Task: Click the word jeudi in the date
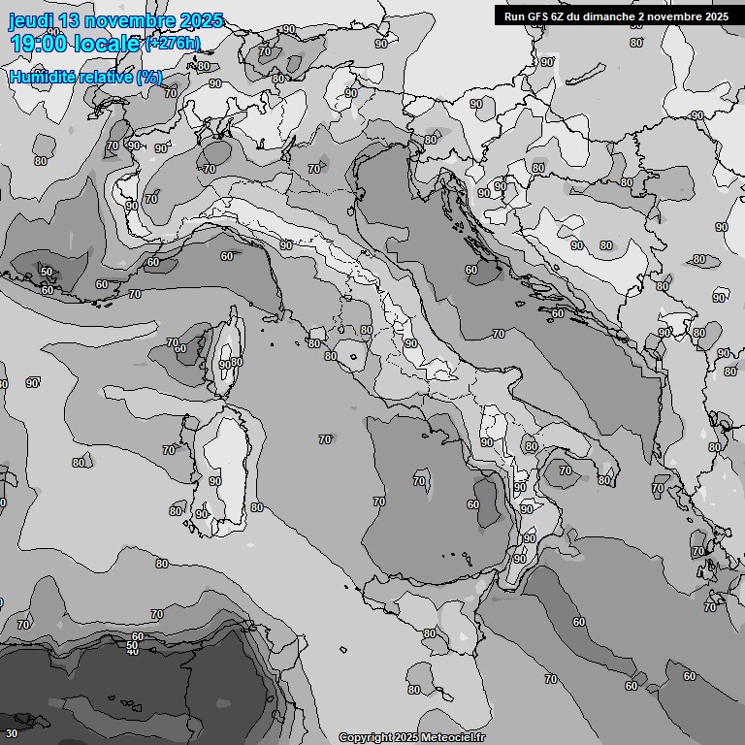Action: pos(34,20)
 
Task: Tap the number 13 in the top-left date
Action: pos(79,20)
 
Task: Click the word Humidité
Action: pos(45,77)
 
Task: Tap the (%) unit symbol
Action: pos(148,77)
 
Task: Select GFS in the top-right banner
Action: pos(537,16)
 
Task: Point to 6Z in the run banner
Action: pos(558,16)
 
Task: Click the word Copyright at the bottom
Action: pos(366,737)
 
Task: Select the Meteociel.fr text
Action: pos(455,737)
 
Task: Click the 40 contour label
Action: pos(133,651)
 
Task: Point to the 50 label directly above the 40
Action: pos(133,643)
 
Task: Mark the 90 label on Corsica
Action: pos(225,365)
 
